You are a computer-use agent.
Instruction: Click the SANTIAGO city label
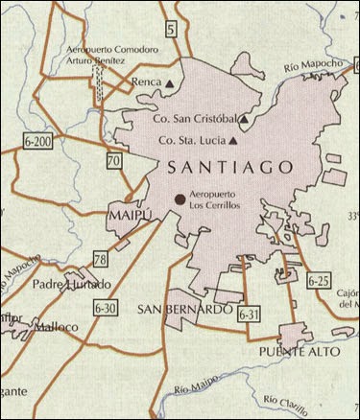click(229, 167)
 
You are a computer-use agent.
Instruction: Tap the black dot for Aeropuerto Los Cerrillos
click(180, 198)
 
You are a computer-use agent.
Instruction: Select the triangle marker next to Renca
click(170, 84)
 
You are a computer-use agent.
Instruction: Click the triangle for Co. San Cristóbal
click(245, 120)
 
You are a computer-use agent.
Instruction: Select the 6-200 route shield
click(35, 141)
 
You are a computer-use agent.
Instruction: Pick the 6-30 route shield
click(107, 308)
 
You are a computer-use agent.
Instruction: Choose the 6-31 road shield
click(248, 314)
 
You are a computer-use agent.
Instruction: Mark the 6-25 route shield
click(320, 281)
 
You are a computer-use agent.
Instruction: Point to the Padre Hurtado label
click(71, 284)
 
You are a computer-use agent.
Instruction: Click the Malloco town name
click(56, 326)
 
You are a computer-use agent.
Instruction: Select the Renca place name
click(146, 83)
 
